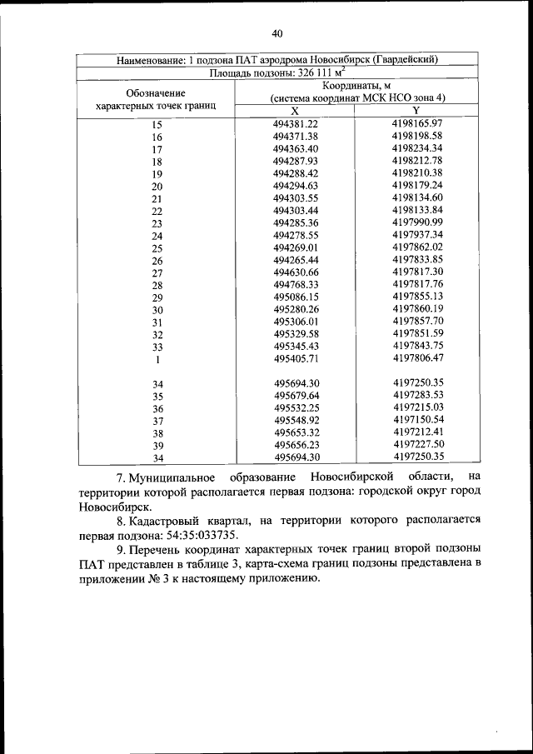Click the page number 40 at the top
pyautogui.click(x=277, y=33)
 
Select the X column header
pyautogui.click(x=295, y=111)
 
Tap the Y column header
pyautogui.click(x=416, y=111)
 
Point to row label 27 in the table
pyautogui.click(x=157, y=273)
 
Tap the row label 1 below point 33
pyautogui.click(x=157, y=360)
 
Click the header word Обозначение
pyautogui.click(x=156, y=92)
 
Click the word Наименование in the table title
pyautogui.click(x=152, y=59)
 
